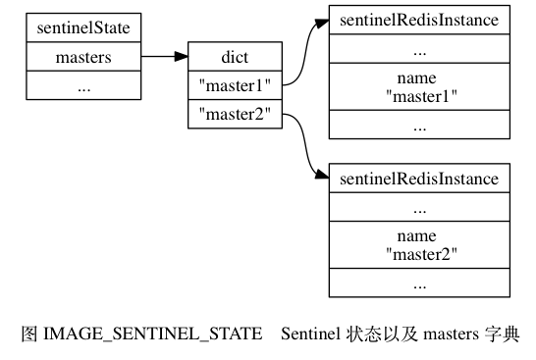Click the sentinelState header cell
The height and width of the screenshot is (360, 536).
coord(82,27)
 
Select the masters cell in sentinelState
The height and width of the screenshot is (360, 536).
coord(82,57)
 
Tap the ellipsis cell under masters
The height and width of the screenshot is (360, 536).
coord(82,86)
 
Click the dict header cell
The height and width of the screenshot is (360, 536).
coord(234,57)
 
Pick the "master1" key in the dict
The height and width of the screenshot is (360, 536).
coord(234,85)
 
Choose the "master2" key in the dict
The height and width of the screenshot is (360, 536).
coord(234,114)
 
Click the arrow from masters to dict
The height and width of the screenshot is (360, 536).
coord(162,57)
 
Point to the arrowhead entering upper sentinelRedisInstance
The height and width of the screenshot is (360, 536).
coord(321,20)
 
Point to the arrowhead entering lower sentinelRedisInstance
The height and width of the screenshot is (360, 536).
coord(321,179)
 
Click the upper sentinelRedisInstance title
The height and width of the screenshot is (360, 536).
coord(419,20)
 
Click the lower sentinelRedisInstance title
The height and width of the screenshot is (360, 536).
coord(419,179)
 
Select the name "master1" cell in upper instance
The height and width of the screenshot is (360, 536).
coord(419,85)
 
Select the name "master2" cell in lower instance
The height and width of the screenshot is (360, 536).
coord(419,244)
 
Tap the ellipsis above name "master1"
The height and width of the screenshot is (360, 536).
coord(419,48)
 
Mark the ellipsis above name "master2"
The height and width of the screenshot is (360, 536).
coord(419,207)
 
